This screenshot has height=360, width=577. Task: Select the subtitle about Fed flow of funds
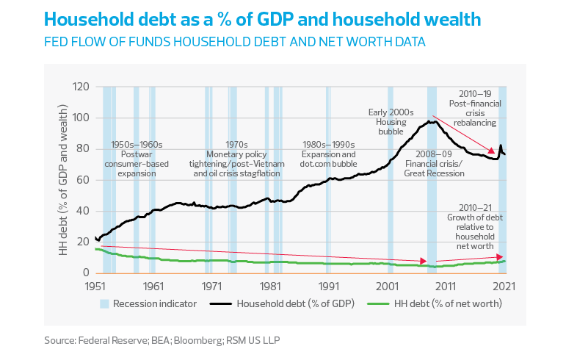(234, 42)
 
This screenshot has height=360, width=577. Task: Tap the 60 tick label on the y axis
(82, 180)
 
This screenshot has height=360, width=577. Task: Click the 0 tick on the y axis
(85, 273)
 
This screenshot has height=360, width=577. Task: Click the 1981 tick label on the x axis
(271, 285)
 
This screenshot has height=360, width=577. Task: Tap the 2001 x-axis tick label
(388, 285)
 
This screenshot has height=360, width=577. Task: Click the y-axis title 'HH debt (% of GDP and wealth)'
(62, 180)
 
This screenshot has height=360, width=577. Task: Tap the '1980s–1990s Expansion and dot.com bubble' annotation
(329, 150)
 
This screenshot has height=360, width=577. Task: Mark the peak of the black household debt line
(434, 121)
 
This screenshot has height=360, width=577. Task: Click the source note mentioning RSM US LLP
(162, 340)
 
